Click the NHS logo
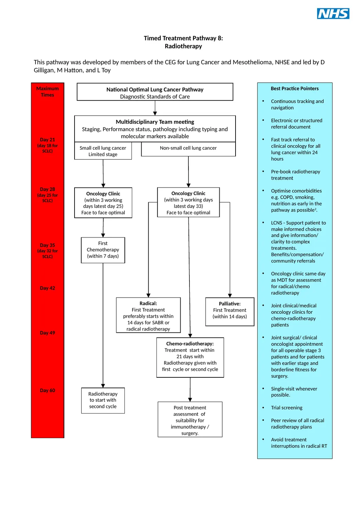coord(333,13)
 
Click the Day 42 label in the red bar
coord(47,288)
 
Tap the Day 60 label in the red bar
coord(47,390)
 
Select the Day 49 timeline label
coord(47,333)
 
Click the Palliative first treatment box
coord(230,312)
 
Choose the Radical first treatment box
coord(148,315)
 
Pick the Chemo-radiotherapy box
coord(190,357)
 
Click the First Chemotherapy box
coord(103,250)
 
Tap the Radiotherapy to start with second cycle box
coord(103,400)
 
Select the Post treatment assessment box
coord(190,419)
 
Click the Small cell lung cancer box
coord(103,151)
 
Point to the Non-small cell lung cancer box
coord(188,149)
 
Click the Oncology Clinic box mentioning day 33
coord(188,202)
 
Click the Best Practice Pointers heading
coord(295,89)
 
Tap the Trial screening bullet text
coord(287,408)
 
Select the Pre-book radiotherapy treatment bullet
coord(295,175)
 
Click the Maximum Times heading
coord(47,91)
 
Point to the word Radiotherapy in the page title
coord(183,46)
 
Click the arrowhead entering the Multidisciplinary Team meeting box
coord(155,113)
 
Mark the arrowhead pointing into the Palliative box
coord(230,295)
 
